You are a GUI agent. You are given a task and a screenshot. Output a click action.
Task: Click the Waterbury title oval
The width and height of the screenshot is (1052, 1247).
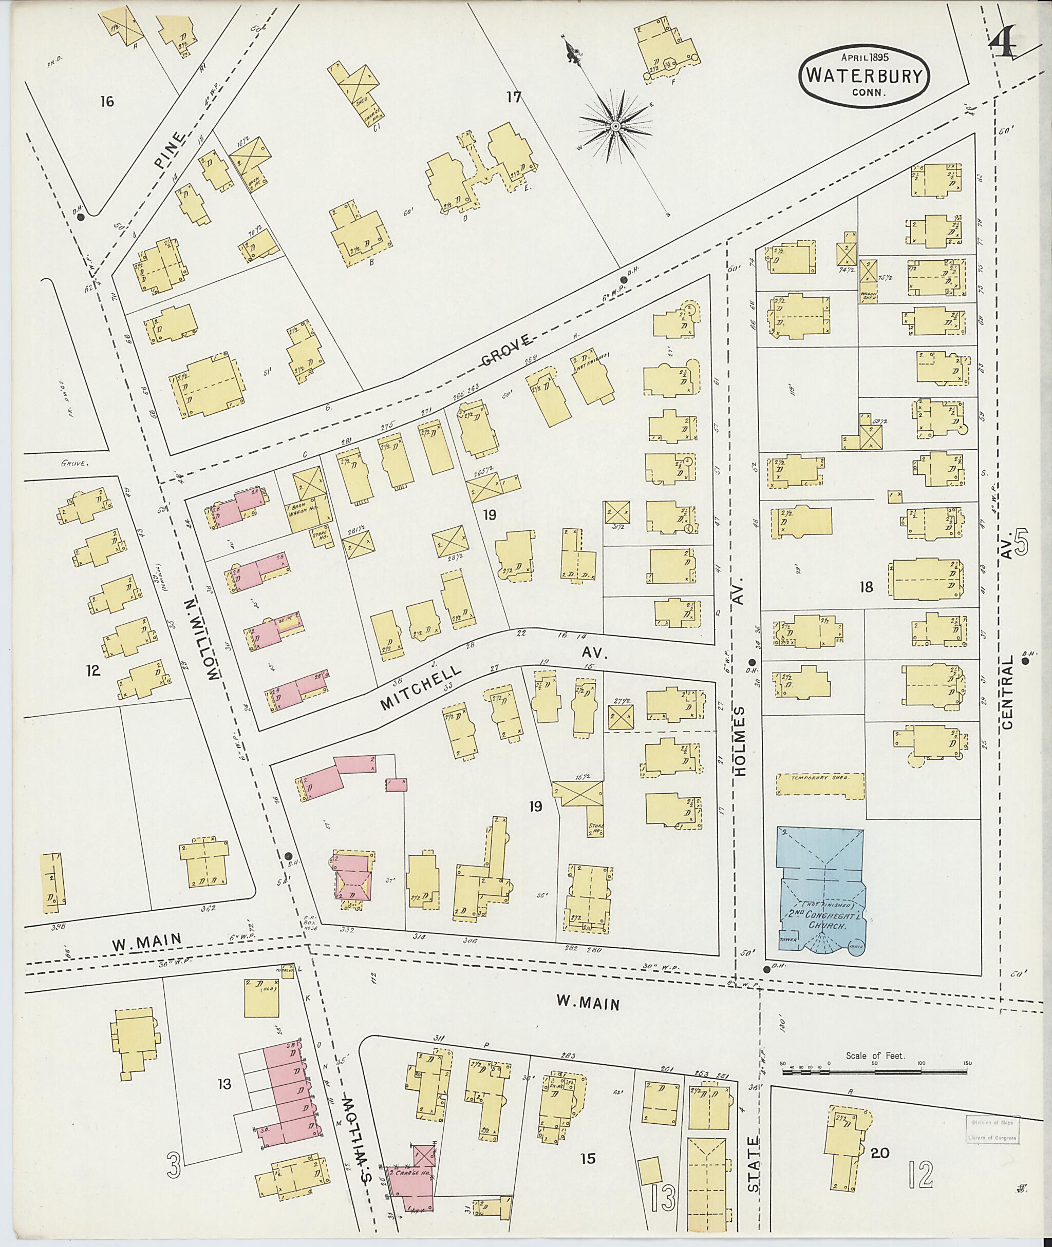(x=864, y=75)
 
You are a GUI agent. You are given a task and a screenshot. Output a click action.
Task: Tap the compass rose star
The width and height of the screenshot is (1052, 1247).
(x=615, y=126)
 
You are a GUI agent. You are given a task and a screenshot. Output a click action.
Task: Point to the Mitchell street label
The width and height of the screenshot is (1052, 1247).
(x=421, y=687)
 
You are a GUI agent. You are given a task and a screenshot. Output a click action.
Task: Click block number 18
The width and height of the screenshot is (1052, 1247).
(x=866, y=587)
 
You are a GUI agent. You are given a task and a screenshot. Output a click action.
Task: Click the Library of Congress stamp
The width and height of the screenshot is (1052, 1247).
(x=991, y=1129)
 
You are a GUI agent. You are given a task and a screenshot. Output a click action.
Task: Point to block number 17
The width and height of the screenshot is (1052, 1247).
(x=514, y=97)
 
